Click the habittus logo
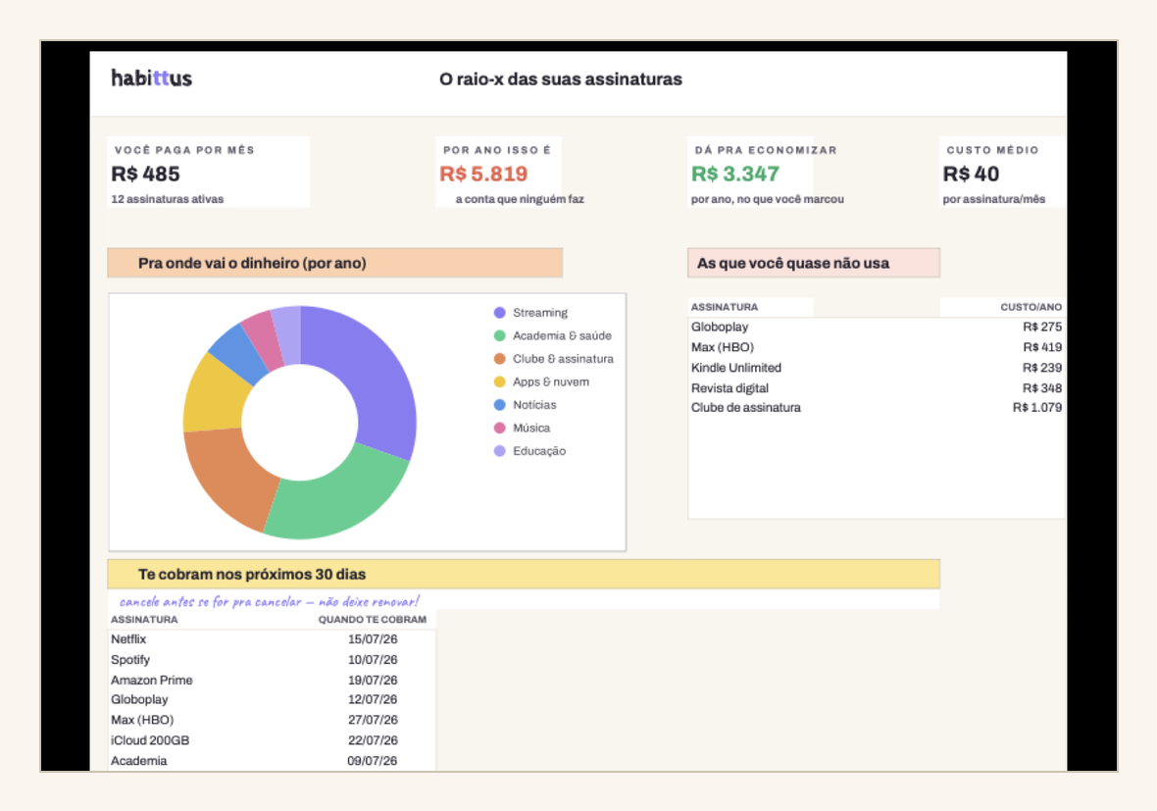[x=151, y=78]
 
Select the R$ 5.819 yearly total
[x=483, y=175]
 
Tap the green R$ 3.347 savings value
[x=735, y=175]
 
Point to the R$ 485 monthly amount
[x=145, y=175]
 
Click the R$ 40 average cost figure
[x=971, y=175]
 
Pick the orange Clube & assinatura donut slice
[x=226, y=480]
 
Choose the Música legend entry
[x=522, y=428]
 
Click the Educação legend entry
[x=529, y=451]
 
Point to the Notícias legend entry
[x=525, y=405]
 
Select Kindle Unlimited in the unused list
[x=735, y=368]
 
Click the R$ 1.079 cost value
[x=1036, y=407]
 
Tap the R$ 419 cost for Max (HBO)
[x=1042, y=347]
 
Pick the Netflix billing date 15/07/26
[x=373, y=639]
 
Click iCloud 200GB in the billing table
[x=150, y=740]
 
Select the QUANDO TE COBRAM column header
[x=373, y=620]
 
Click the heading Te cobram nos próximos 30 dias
[x=252, y=574]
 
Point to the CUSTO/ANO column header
[x=1031, y=307]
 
